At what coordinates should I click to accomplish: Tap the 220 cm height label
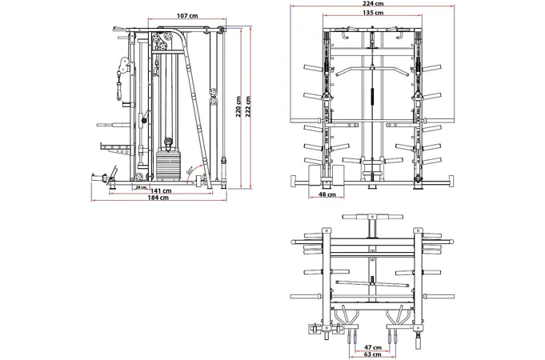pos(238,106)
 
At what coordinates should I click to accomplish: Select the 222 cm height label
pos(248,106)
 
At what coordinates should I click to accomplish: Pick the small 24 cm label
pos(142,187)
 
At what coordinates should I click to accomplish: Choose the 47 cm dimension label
pos(371,346)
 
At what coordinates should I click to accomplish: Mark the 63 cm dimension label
pos(371,354)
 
